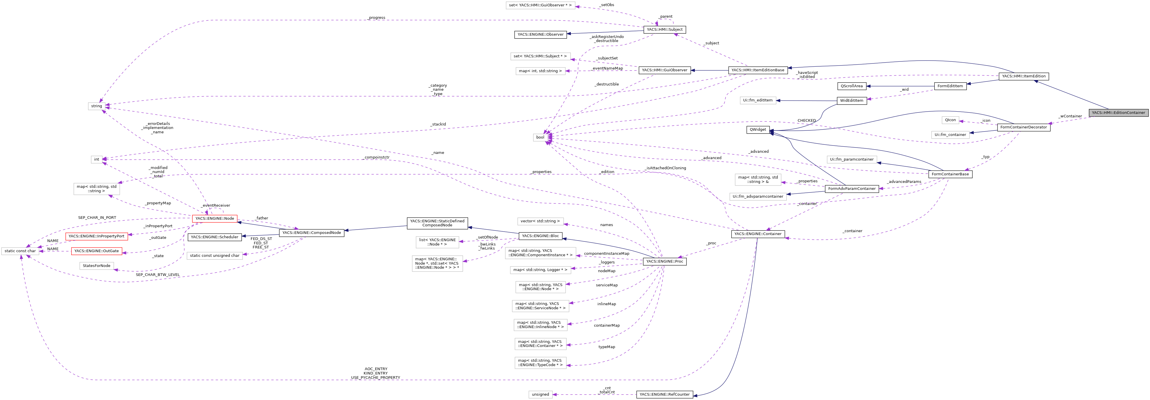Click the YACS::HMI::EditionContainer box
click(x=1118, y=112)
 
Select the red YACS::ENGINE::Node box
click(x=214, y=218)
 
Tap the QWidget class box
click(x=758, y=130)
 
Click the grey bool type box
click(x=540, y=137)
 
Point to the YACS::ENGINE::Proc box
click(x=664, y=261)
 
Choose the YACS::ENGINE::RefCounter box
click(x=664, y=394)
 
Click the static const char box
click(x=20, y=251)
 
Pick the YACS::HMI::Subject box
click(x=664, y=30)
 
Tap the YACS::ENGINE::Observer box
click(x=540, y=34)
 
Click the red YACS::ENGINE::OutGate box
click(x=96, y=251)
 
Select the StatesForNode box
click(x=96, y=266)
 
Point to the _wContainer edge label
click(x=1070, y=116)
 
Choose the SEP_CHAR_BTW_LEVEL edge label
click(x=158, y=274)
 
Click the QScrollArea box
click(x=851, y=86)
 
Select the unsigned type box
click(x=540, y=394)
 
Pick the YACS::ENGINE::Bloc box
click(x=540, y=236)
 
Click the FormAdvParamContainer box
click(x=851, y=188)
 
